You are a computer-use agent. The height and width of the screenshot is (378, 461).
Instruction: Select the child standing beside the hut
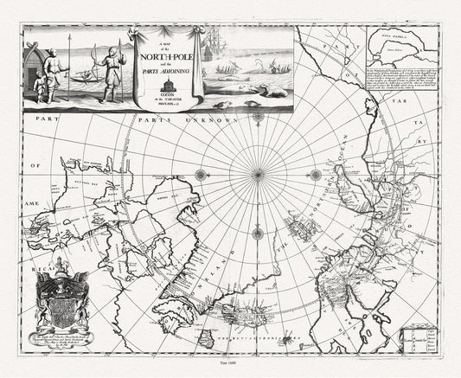[35, 84]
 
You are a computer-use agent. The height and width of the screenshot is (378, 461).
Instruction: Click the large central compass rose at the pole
[257, 174]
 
